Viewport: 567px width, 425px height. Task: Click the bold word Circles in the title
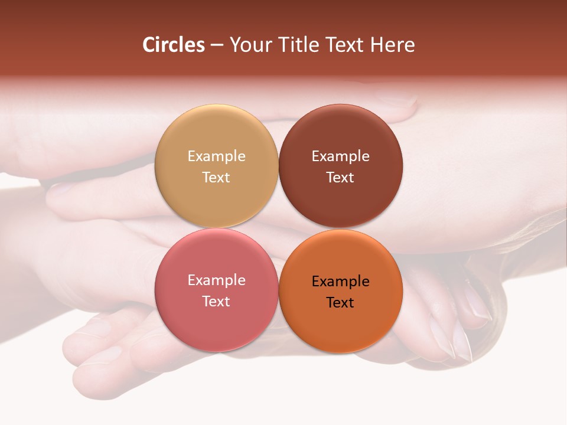tap(173, 45)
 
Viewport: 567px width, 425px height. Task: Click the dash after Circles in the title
tap(217, 45)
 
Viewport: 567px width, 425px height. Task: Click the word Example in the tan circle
tap(216, 156)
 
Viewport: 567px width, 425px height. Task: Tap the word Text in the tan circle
tap(216, 178)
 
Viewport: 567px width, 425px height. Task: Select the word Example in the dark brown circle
tap(340, 156)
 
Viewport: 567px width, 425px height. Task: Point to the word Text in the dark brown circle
tap(340, 178)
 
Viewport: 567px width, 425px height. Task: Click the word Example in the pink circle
tap(216, 280)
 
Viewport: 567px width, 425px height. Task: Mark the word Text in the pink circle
tap(216, 302)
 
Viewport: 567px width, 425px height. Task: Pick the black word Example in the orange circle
tap(340, 282)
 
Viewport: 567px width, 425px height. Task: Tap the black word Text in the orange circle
tap(340, 303)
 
